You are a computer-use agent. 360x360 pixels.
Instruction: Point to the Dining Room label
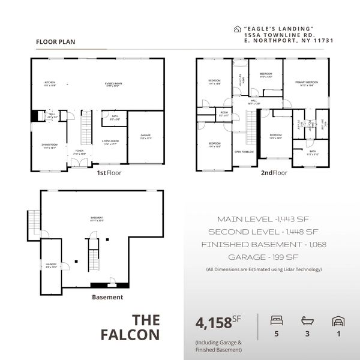tap(49, 146)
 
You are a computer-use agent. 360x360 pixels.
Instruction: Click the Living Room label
tap(110, 142)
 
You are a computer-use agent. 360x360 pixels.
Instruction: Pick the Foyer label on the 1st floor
tap(79, 152)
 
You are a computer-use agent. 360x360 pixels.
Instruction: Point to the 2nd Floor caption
tap(274, 173)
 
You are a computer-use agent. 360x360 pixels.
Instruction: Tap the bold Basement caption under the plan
tap(107, 297)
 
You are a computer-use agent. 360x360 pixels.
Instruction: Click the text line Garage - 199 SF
tap(260, 257)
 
